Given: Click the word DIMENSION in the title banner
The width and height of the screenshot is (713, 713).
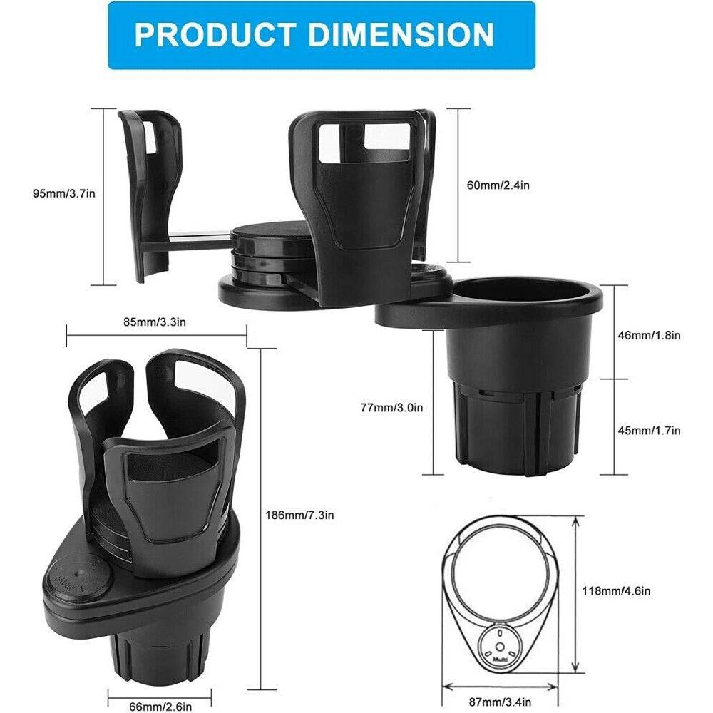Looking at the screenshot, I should click(396, 34).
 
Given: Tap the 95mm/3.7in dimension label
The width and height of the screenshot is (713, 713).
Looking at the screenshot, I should click(51, 193).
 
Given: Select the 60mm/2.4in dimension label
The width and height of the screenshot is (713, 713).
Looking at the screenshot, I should click(498, 185).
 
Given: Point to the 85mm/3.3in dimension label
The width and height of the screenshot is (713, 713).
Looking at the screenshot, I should click(155, 322).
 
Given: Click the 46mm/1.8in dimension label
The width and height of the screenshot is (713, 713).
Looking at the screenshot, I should click(649, 334).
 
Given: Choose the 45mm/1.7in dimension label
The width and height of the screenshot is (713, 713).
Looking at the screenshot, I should click(649, 430).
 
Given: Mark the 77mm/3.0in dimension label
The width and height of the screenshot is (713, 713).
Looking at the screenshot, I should click(391, 408).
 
